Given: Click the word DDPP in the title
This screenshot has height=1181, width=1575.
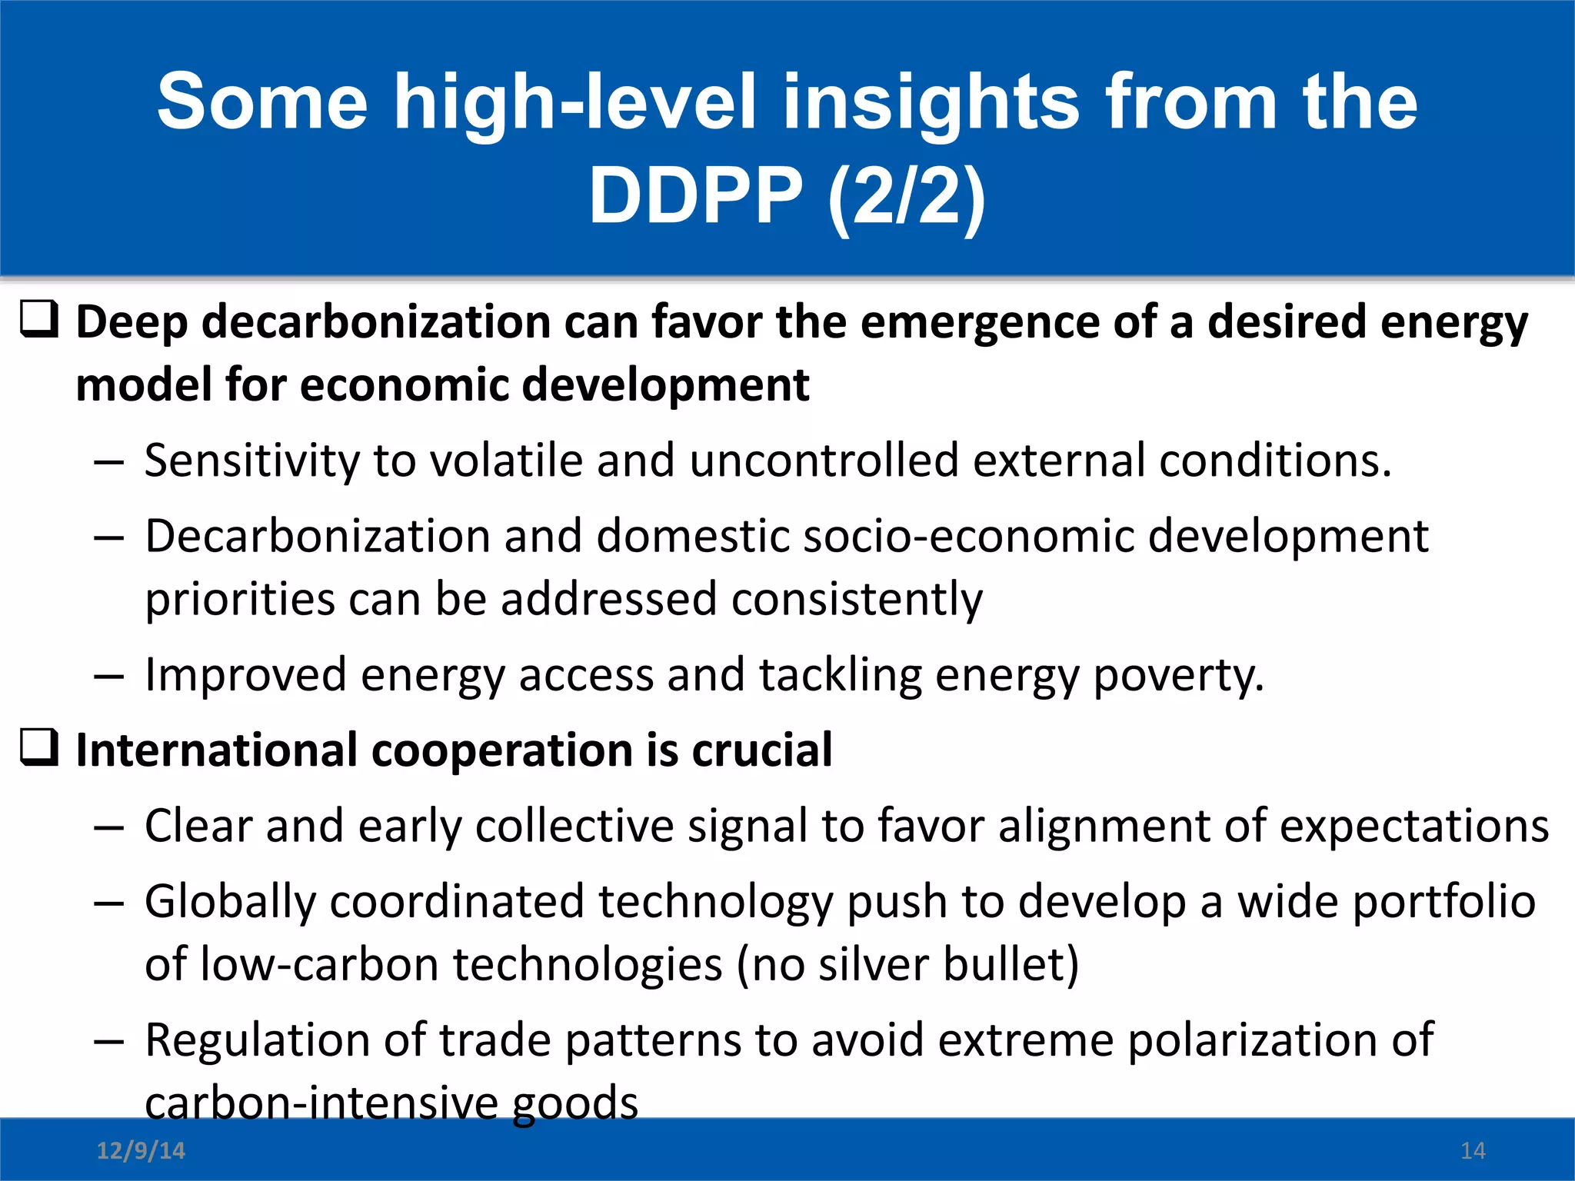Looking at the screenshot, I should coord(695,197).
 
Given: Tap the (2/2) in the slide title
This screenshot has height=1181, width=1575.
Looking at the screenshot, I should coord(907,197).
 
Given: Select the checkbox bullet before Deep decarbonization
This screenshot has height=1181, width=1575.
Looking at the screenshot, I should coord(39,321).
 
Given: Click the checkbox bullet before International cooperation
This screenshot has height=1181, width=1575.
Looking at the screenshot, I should coord(39,748).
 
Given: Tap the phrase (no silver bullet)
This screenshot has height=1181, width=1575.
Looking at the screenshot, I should coord(907,965).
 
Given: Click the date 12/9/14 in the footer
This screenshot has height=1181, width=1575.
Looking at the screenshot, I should coord(141,1151).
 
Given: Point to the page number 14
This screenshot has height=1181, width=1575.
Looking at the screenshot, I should coord(1473,1151).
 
